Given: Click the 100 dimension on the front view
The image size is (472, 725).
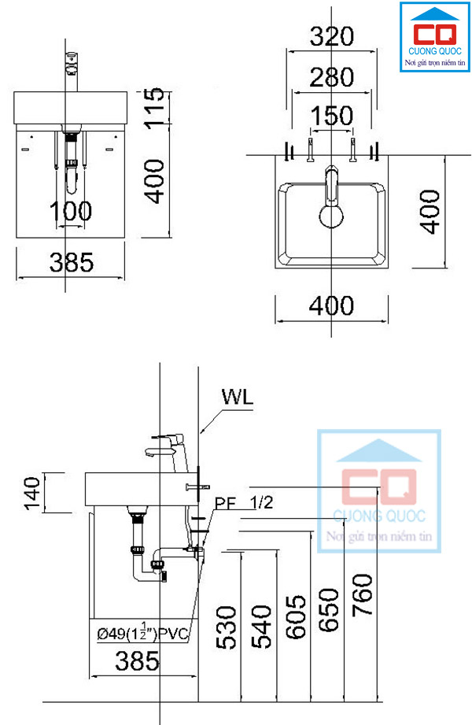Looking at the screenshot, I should [x=72, y=210].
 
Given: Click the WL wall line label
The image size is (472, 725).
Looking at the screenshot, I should [x=237, y=397].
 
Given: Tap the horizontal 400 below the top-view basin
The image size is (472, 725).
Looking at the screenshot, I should [x=331, y=305].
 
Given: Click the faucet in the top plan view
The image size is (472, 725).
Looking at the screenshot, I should [x=331, y=197].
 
